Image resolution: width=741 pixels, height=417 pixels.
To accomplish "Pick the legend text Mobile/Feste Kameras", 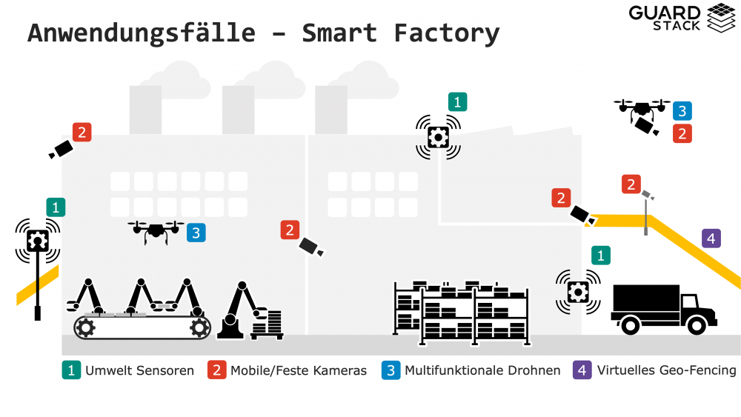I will click(x=299, y=370).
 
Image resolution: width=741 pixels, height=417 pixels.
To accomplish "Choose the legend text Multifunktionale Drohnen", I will click(x=482, y=370).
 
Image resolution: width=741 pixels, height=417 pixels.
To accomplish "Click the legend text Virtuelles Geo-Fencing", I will click(x=666, y=370).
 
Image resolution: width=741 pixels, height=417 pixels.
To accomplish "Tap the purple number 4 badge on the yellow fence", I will click(x=711, y=238).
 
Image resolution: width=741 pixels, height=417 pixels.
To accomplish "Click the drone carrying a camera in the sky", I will click(x=642, y=115).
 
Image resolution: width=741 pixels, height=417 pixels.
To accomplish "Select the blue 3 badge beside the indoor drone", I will click(x=196, y=233).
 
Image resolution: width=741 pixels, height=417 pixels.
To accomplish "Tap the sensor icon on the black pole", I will click(x=37, y=240).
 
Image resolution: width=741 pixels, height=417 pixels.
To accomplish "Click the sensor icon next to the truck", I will click(x=577, y=291).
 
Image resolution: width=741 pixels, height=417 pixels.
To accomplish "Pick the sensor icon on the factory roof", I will click(x=438, y=136).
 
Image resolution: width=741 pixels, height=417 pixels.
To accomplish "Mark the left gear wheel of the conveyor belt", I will click(x=85, y=327).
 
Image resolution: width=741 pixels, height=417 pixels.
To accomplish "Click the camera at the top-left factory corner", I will click(x=60, y=150).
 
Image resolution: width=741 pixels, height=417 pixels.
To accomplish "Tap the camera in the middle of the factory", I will click(x=311, y=247).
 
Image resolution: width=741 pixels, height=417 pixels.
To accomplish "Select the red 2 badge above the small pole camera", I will click(x=631, y=184).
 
